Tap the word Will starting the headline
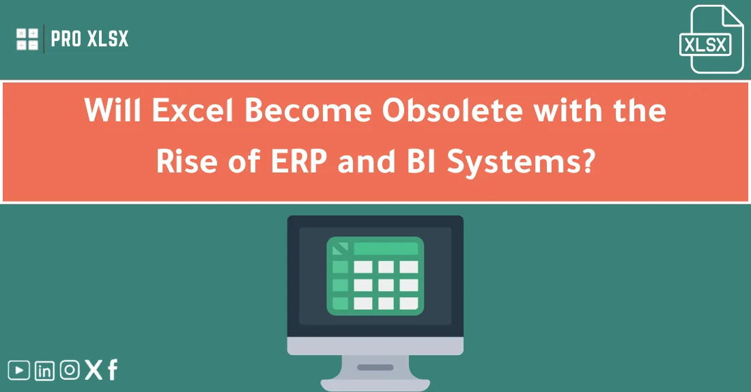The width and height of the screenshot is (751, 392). point(109,110)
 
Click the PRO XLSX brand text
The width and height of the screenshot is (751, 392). point(89,40)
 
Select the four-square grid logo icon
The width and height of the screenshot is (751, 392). point(27,39)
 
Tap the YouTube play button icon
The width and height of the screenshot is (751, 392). point(19,370)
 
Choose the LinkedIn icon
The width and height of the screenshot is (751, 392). point(44,371)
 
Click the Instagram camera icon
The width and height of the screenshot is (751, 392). point(69,370)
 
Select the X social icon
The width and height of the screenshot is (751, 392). point(94,370)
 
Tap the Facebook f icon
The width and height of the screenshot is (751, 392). point(113,370)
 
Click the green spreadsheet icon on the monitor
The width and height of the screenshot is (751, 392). point(375,275)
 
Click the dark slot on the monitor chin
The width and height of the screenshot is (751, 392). point(375,367)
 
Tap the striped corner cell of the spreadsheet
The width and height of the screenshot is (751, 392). point(339,249)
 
